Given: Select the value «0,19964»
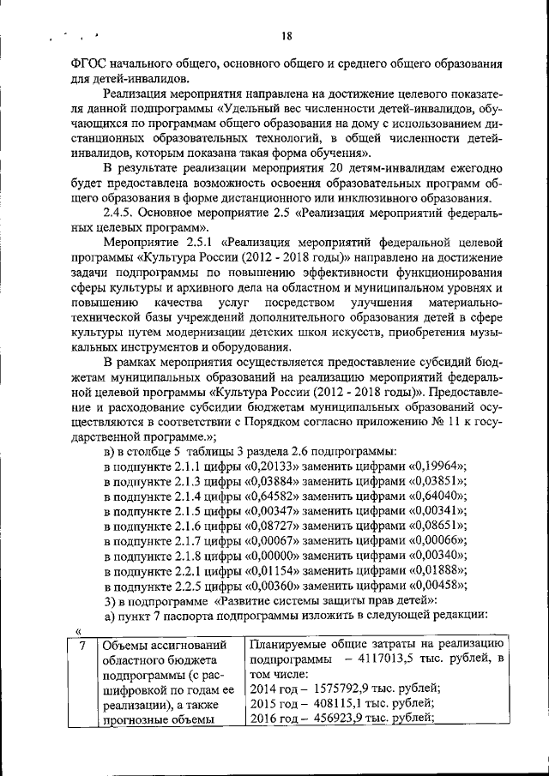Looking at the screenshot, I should (433, 466).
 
